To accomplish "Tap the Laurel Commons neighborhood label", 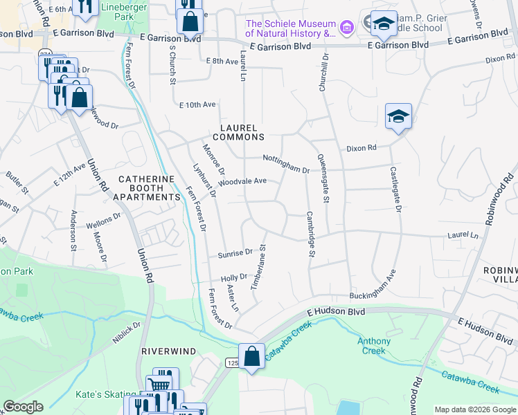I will pyautogui.click(x=238, y=132).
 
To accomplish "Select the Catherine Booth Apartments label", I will pyautogui.click(x=149, y=187).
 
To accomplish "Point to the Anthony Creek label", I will pyautogui.click(x=374, y=346).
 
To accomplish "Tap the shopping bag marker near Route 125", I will pyautogui.click(x=252, y=357).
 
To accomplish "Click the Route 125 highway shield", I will pyautogui.click(x=232, y=362).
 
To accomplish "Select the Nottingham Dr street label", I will pyautogui.click(x=285, y=164).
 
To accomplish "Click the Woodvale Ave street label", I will pyautogui.click(x=242, y=181).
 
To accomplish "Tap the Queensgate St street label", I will pyautogui.click(x=322, y=169).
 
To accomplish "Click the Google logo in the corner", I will pyautogui.click(x=22, y=407).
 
